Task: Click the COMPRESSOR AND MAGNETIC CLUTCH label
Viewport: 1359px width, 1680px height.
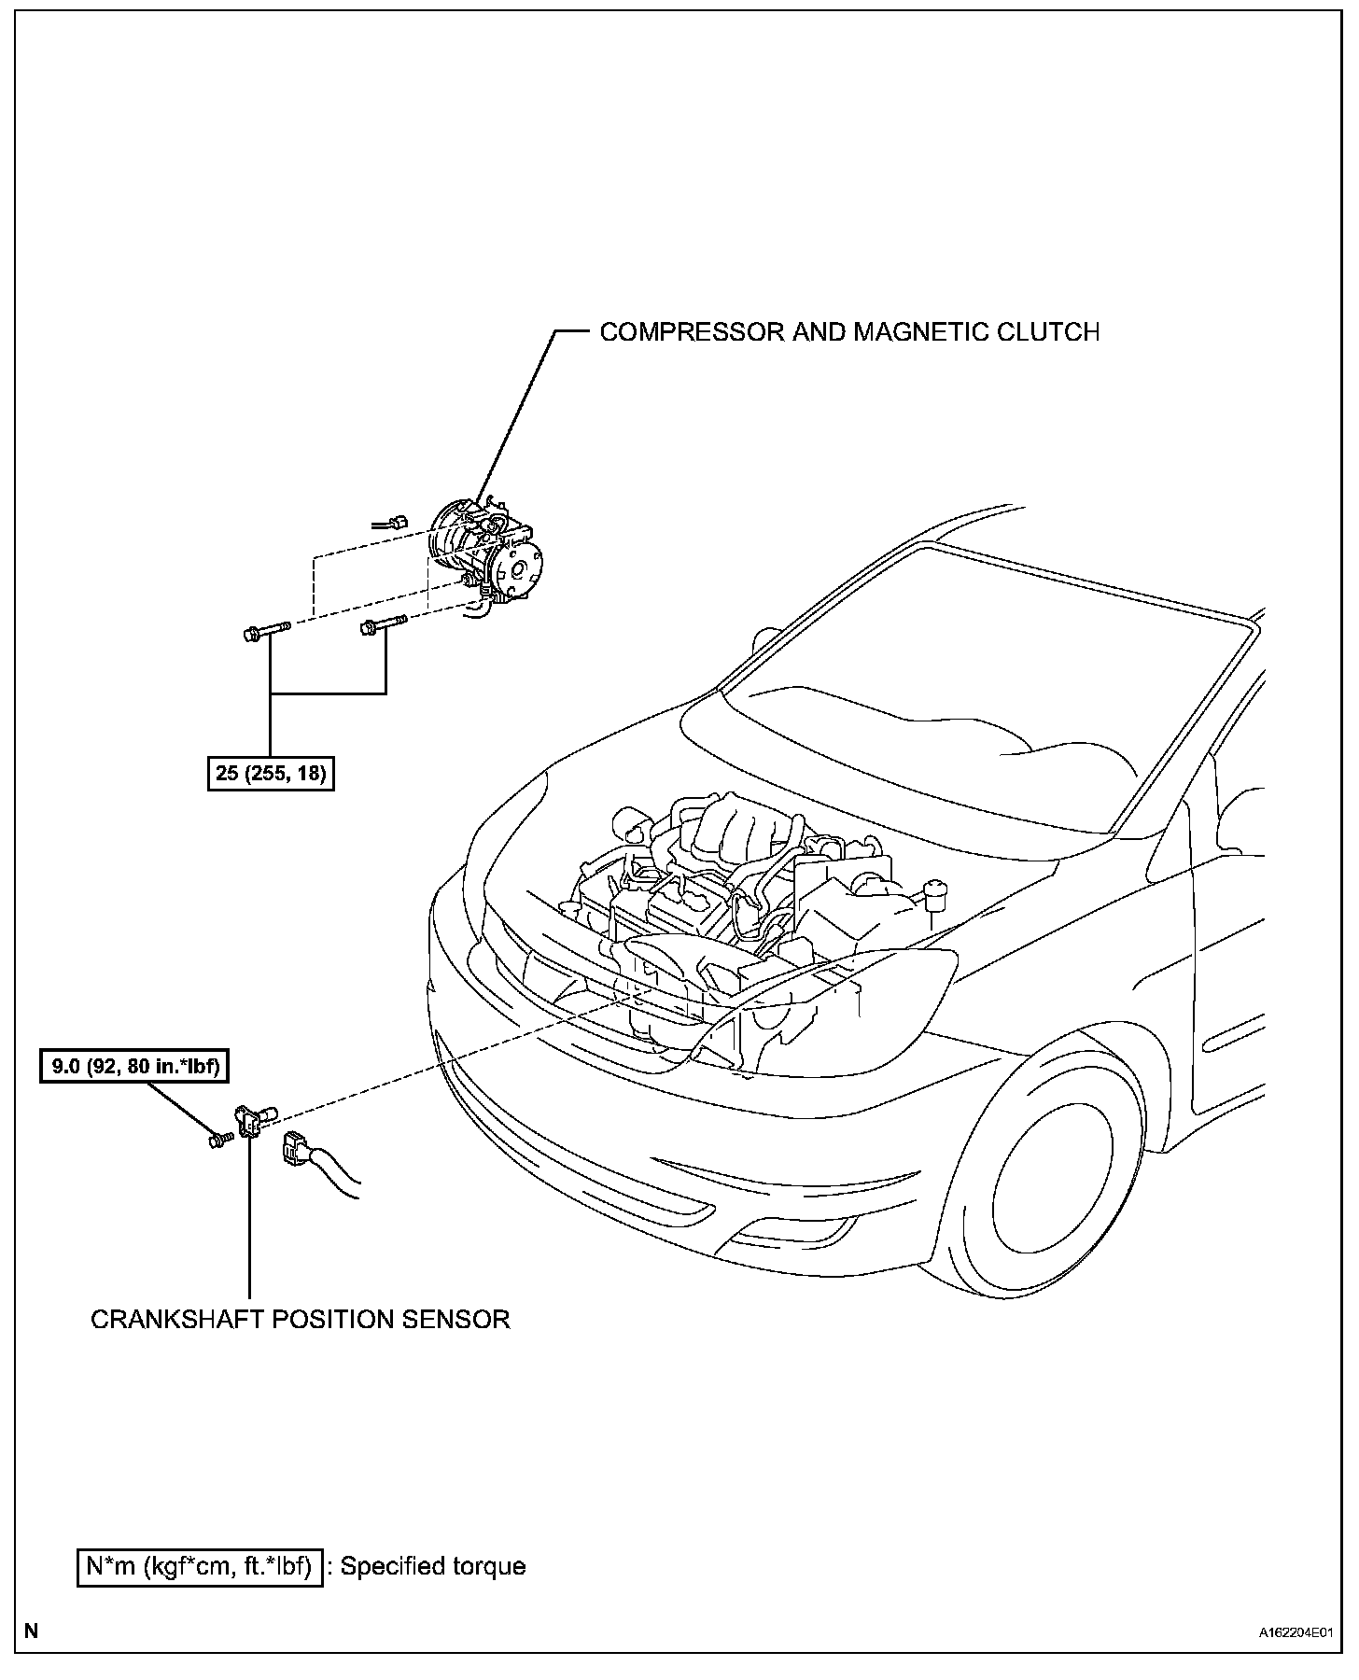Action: [x=848, y=332]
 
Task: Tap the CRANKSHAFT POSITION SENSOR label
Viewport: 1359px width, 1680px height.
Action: [x=300, y=1319]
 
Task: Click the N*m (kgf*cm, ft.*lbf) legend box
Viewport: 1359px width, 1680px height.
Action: [x=199, y=1565]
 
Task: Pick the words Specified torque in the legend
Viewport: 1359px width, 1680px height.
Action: [x=432, y=1565]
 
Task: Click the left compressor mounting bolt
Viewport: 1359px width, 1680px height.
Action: [x=265, y=632]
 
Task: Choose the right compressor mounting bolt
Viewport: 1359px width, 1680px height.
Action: [x=383, y=625]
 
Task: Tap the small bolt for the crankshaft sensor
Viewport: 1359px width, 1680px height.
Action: [x=221, y=1139]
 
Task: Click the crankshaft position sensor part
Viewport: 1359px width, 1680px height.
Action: [x=253, y=1119]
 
